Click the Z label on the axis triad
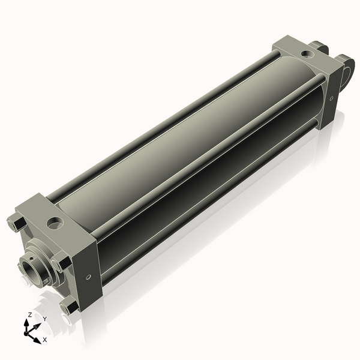30,314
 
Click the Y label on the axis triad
44,318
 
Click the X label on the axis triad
45,340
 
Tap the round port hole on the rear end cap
308,53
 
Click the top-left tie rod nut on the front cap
17,223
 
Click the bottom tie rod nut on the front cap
69,307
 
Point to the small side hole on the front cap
89,277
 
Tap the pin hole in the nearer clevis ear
347,71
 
